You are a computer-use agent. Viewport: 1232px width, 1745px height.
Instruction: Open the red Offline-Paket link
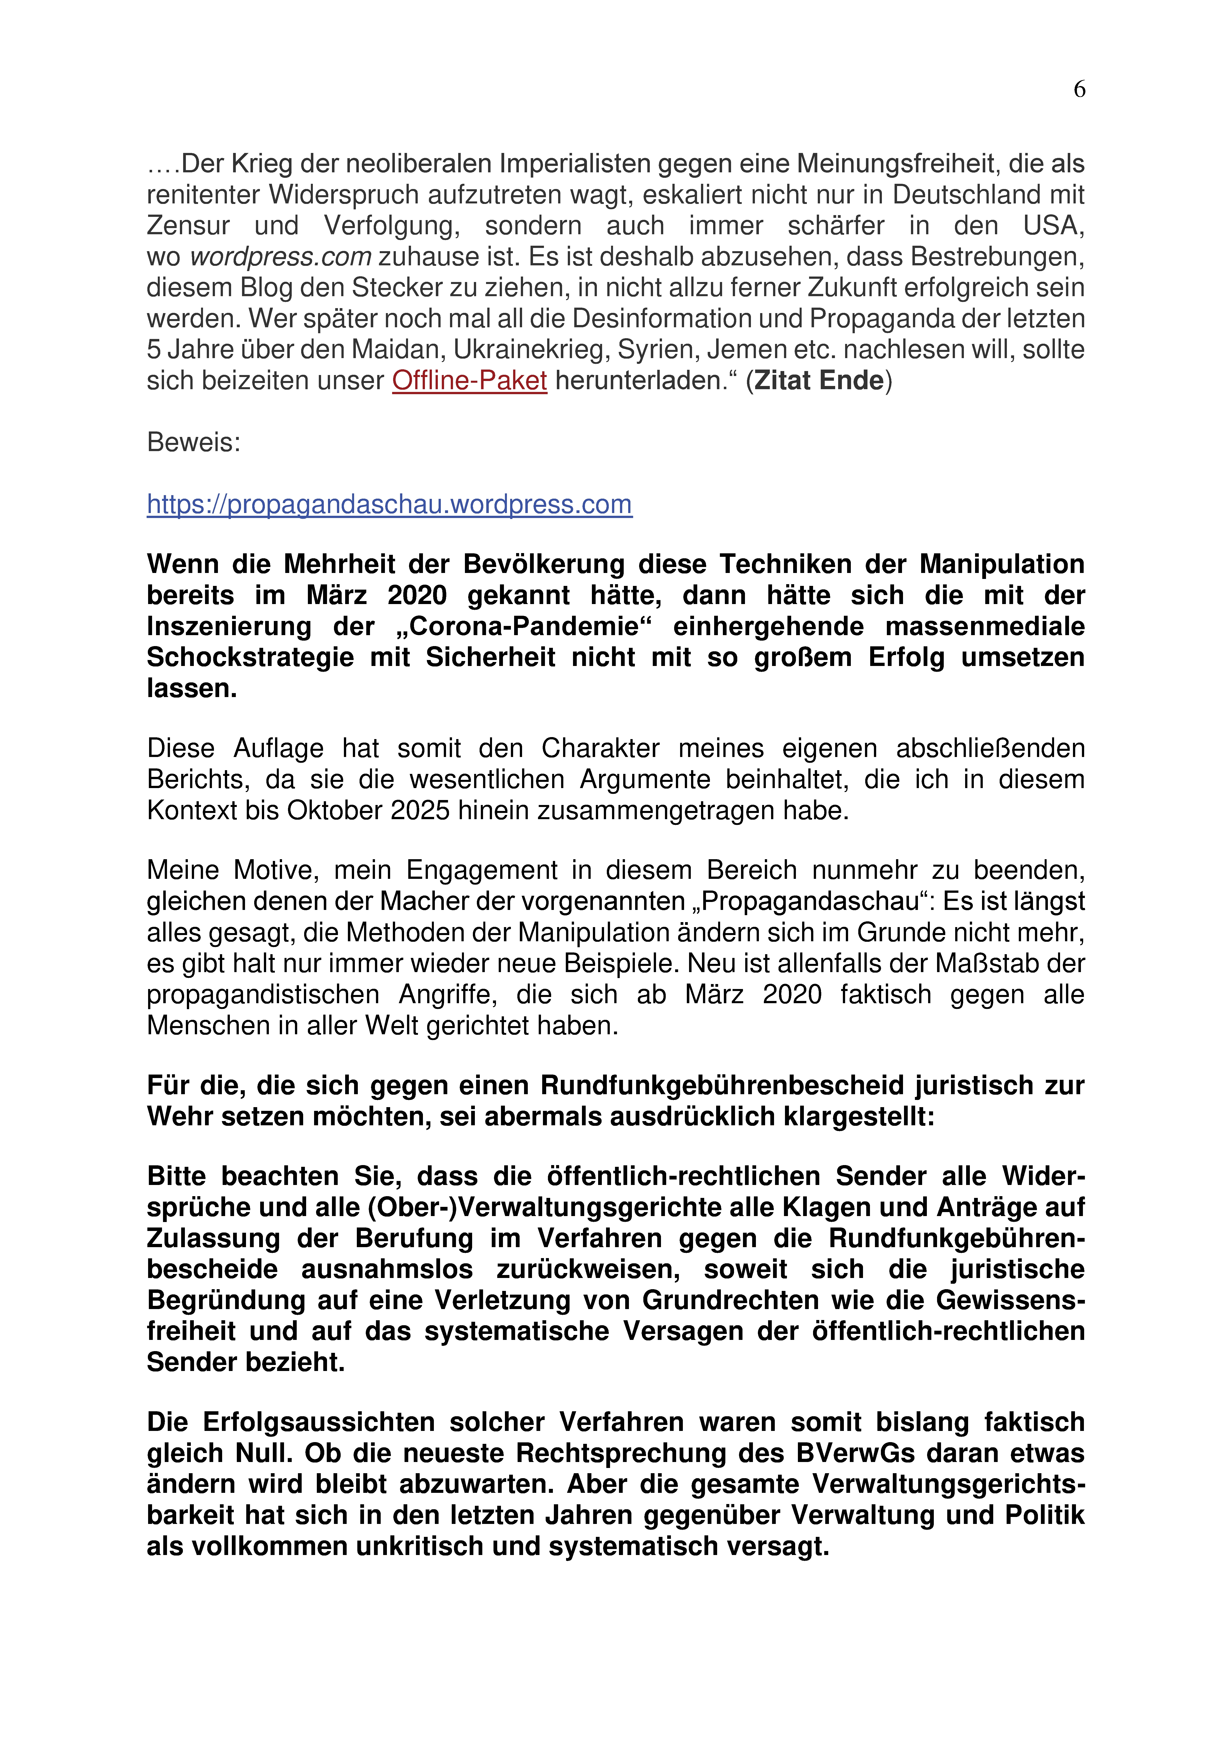pos(469,381)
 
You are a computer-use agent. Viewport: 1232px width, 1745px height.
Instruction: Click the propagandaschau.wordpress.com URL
pos(389,505)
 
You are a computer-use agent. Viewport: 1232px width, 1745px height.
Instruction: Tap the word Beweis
pos(193,442)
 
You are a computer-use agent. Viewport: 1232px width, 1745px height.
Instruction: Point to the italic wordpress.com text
pos(280,257)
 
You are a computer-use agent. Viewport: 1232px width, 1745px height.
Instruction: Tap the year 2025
pos(420,811)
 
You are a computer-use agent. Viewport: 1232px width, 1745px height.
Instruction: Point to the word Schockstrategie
pos(250,658)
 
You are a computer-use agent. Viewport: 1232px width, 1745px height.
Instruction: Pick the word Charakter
pos(600,749)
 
